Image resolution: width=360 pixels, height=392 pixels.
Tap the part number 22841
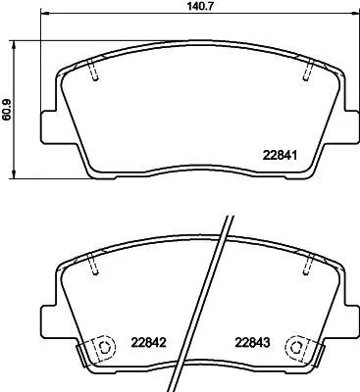tap(281, 153)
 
